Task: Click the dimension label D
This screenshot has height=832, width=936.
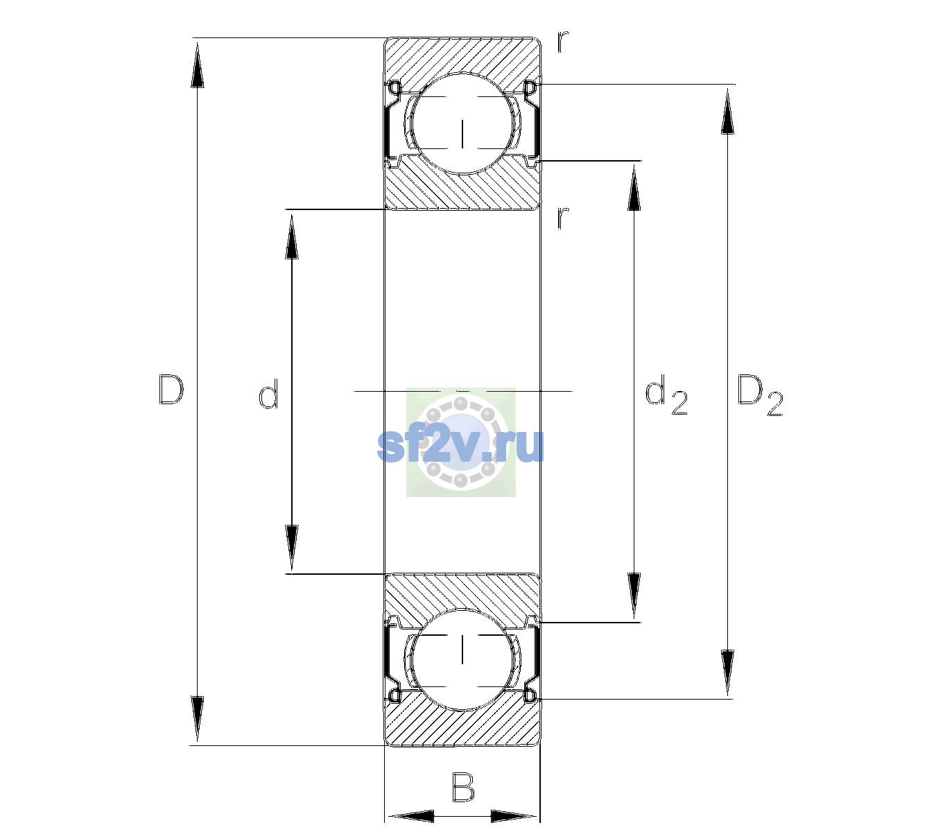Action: pyautogui.click(x=171, y=390)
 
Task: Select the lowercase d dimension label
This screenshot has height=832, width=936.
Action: pyautogui.click(x=268, y=394)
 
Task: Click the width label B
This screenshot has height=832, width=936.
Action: pyautogui.click(x=463, y=786)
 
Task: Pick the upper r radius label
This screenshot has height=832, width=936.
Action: pyautogui.click(x=563, y=41)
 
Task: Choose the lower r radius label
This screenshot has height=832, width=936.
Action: pyautogui.click(x=562, y=218)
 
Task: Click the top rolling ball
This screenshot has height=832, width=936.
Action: pyautogui.click(x=462, y=123)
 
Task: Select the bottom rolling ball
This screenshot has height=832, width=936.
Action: pyautogui.click(x=462, y=659)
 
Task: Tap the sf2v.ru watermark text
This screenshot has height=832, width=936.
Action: pyautogui.click(x=460, y=445)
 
